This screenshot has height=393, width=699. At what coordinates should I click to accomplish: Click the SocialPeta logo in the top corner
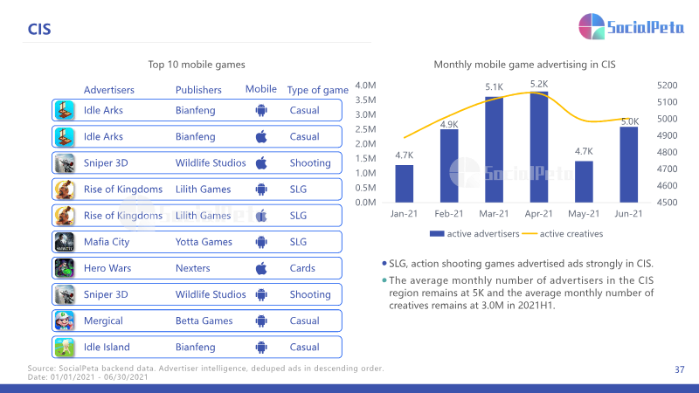tap(631, 26)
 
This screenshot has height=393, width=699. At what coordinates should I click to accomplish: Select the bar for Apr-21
tap(539, 147)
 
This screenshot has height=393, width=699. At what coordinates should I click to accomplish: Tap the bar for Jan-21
tap(404, 183)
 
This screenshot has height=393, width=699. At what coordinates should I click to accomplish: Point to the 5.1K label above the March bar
tap(494, 86)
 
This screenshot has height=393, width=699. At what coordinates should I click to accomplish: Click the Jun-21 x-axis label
tap(628, 213)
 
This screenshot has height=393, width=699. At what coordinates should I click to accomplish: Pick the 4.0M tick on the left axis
tap(365, 85)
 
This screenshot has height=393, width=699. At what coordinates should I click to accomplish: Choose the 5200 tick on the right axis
tap(668, 85)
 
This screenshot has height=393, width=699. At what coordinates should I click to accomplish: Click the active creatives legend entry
tap(563, 233)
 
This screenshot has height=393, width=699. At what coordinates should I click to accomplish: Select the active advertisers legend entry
tap(474, 233)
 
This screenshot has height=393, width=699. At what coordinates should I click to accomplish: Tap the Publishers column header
tap(198, 90)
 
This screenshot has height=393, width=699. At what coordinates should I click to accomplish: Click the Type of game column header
tap(317, 90)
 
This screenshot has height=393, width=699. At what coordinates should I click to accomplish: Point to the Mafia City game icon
tap(65, 242)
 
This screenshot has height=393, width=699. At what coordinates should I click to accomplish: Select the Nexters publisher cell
tap(192, 268)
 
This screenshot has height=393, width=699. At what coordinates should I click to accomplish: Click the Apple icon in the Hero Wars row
tap(261, 268)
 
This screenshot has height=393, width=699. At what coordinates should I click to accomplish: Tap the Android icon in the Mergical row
tap(261, 321)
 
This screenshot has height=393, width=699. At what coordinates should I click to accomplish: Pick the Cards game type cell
tap(302, 268)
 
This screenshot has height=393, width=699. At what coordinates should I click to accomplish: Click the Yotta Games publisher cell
tap(204, 242)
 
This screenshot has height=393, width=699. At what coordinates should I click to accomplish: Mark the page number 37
tap(680, 369)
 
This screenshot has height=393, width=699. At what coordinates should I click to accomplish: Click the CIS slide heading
tap(39, 30)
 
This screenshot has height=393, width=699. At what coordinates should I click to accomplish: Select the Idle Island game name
tap(107, 347)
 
